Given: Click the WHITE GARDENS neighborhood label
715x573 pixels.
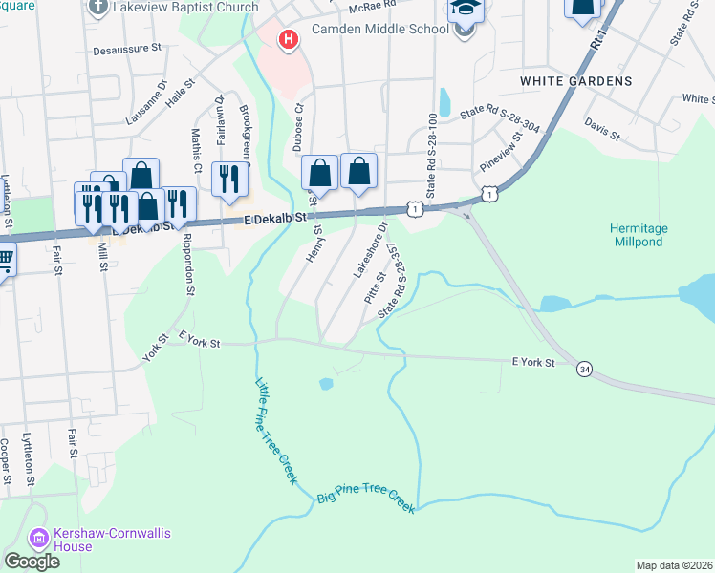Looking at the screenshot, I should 575,81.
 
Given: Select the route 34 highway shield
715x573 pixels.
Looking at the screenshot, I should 583,368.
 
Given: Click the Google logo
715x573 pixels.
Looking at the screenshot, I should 32,562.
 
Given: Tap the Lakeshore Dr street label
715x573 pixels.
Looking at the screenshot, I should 369,249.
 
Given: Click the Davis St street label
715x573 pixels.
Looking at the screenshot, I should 601,125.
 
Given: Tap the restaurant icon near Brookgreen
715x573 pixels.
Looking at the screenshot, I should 229,179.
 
